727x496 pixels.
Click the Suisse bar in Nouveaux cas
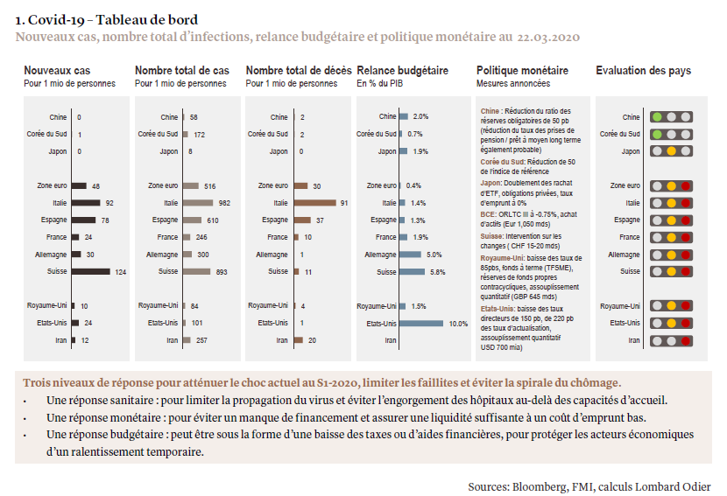point(91,271)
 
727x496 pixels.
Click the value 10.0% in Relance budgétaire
point(458,323)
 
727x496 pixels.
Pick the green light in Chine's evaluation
point(657,117)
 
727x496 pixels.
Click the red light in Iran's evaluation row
point(686,339)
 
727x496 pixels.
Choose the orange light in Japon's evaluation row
point(671,151)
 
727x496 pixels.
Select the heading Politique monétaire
point(522,71)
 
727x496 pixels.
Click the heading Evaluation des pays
point(643,71)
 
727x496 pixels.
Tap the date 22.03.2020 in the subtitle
point(547,38)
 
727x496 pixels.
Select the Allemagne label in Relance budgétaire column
point(380,255)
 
